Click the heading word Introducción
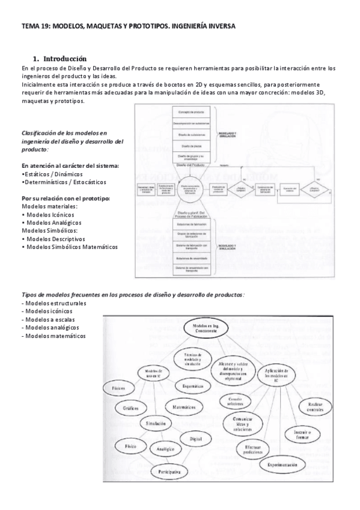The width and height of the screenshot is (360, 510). (x=65, y=58)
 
